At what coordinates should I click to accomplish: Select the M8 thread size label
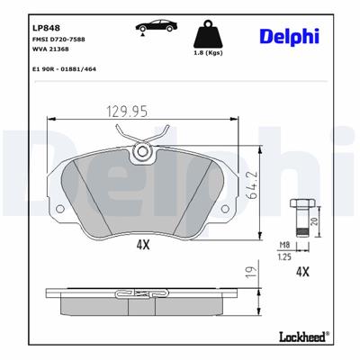point(284,245)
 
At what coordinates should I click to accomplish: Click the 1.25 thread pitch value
point(284,256)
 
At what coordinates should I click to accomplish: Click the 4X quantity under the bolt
point(302,270)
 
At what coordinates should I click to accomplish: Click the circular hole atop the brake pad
point(140,154)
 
